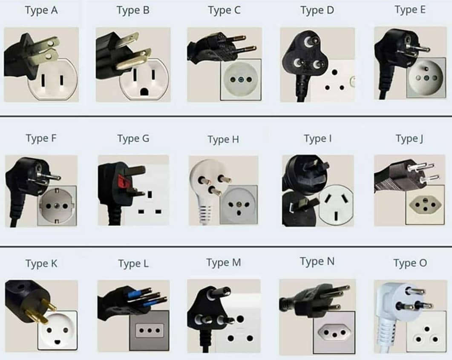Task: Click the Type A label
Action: tap(41, 10)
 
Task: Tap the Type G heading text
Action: tap(133, 138)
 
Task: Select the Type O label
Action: tap(410, 263)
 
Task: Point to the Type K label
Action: tap(41, 264)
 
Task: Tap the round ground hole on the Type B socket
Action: tap(144, 92)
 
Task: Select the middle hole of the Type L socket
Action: tap(150, 330)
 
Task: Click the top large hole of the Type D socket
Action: tap(334, 72)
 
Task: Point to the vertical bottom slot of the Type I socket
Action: tap(336, 216)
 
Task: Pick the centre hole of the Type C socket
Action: tap(241, 80)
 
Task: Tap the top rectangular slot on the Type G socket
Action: tap(150, 195)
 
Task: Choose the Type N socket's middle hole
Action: tap(334, 335)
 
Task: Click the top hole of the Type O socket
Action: tap(427, 329)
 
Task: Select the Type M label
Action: tap(224, 262)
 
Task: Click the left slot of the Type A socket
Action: tap(43, 80)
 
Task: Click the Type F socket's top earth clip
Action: tap(57, 190)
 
